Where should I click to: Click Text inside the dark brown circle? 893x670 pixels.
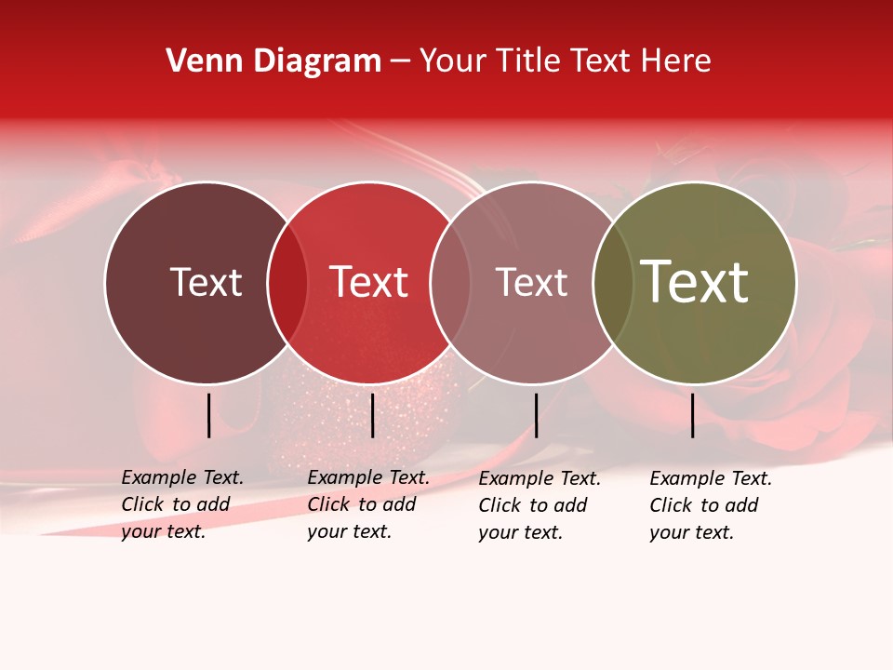click(206, 282)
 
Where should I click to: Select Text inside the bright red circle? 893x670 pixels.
click(369, 282)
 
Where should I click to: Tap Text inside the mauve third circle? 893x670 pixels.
click(531, 282)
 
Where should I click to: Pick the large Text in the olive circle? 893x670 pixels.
click(695, 282)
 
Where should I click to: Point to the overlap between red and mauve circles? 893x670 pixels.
click(450, 282)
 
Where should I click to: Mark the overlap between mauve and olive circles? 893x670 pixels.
click(612, 282)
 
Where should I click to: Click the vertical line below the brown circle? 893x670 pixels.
click(208, 415)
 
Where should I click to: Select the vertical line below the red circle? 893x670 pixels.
click(372, 415)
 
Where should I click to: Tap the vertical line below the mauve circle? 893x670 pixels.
click(536, 415)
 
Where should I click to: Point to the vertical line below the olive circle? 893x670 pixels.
click(693, 415)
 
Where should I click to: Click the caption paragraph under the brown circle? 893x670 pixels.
click(182, 504)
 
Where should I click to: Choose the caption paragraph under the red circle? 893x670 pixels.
click(368, 504)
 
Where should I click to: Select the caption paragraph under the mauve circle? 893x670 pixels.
click(540, 505)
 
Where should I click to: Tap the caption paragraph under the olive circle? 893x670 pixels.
click(711, 505)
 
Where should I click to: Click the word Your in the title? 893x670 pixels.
click(453, 61)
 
